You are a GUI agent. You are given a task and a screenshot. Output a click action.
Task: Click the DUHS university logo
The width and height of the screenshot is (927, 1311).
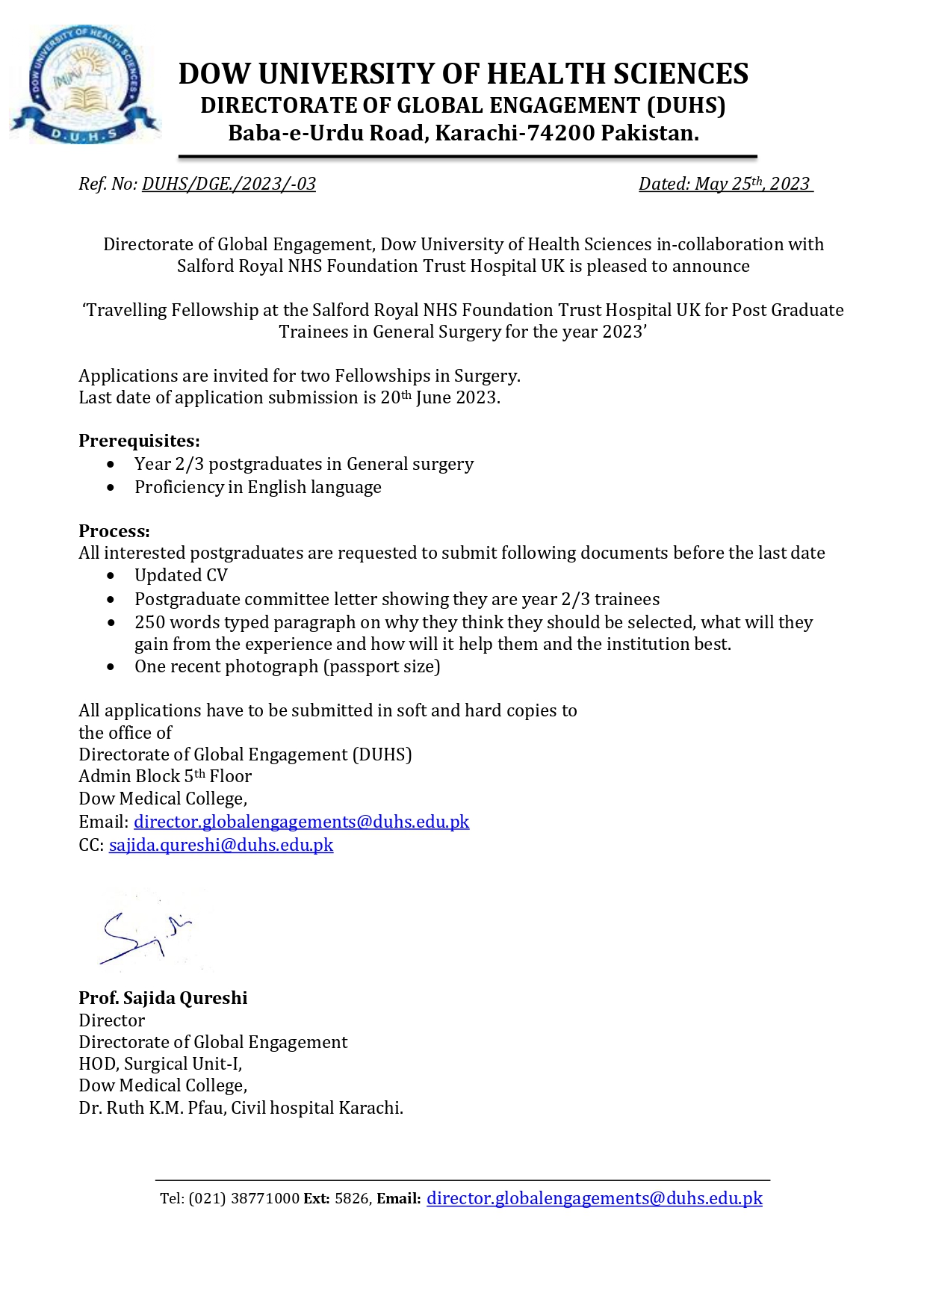pos(84,84)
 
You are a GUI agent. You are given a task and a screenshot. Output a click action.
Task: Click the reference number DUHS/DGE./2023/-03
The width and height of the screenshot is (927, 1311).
pos(229,184)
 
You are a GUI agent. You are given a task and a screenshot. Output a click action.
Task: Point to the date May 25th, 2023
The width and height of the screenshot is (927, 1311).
pos(751,184)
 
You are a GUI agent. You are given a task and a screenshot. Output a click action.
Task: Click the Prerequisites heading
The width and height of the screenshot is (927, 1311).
pos(139,441)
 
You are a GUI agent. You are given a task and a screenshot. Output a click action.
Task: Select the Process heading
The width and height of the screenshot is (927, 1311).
pos(114,531)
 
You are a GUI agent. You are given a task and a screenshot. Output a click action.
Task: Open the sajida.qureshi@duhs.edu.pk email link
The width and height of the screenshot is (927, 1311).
pos(221,845)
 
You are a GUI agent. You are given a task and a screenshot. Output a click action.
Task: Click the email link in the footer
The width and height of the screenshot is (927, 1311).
pos(594,1198)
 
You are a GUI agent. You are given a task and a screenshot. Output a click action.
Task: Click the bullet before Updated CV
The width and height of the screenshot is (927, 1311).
pos(111,576)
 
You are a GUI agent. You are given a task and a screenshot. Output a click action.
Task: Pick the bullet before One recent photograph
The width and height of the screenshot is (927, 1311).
pos(111,667)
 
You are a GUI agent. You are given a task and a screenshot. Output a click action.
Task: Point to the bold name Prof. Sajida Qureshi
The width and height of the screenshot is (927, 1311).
pos(163,998)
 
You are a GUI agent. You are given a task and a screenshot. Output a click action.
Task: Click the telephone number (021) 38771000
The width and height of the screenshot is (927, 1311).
pos(244,1199)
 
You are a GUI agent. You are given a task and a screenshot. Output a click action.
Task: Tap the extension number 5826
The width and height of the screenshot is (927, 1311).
pos(351,1199)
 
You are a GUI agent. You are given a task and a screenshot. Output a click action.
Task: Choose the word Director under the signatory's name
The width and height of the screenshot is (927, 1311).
pos(112,1020)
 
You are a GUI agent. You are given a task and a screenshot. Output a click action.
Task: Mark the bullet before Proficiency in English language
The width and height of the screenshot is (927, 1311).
pos(111,488)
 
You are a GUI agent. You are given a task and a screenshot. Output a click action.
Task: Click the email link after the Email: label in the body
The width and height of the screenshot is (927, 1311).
pos(301,822)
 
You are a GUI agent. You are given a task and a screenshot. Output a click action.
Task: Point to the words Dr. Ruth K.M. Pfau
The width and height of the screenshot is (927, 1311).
pos(152,1108)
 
